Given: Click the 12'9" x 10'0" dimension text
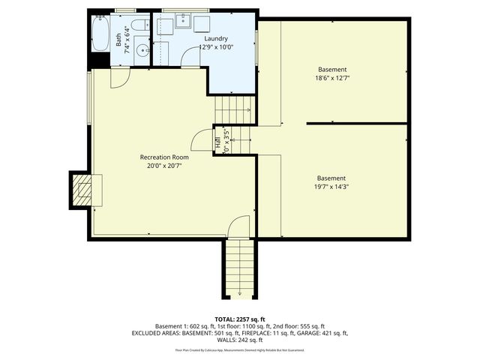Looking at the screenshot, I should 216,46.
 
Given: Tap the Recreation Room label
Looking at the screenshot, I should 164,157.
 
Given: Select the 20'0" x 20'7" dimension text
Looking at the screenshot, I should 164,166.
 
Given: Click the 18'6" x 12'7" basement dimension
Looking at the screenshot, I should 332,77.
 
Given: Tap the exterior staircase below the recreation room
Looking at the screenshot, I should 239,268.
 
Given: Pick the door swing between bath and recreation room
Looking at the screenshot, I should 121,77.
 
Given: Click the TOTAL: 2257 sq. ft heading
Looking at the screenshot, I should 240,319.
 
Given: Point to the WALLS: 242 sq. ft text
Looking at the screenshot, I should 240,339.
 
